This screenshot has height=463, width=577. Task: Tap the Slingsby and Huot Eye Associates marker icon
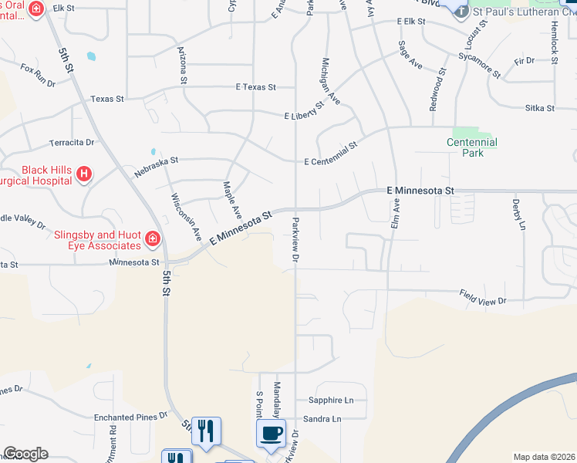point(153,240)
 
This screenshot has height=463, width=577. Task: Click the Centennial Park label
point(471,147)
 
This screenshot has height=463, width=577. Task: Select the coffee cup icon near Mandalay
point(271,433)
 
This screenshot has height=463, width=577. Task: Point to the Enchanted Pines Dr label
point(130,417)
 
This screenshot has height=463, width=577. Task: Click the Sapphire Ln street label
point(331,400)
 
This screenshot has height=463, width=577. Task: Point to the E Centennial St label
point(332,154)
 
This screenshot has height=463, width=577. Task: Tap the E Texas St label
point(256,87)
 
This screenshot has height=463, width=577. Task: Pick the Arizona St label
point(183,65)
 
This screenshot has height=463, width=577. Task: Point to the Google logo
point(25,454)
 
